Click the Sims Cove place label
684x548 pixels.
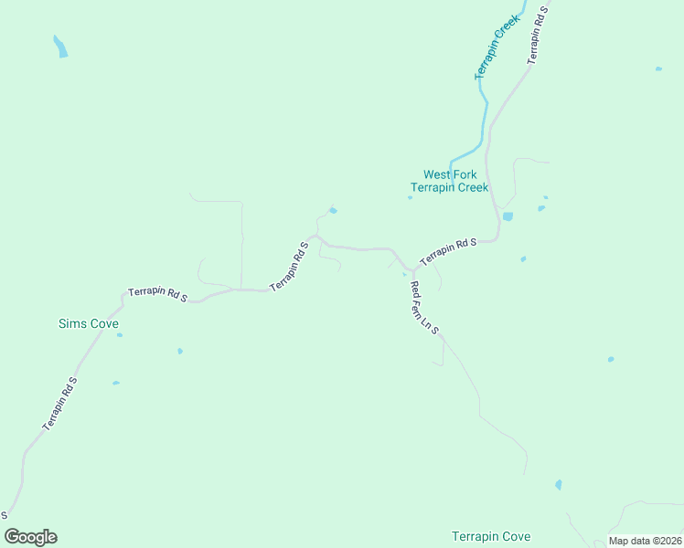(x=89, y=324)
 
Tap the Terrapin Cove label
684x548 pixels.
(x=491, y=536)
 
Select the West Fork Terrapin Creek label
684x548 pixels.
(x=449, y=181)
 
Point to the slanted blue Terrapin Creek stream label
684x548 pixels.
(x=497, y=47)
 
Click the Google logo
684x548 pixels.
(x=31, y=537)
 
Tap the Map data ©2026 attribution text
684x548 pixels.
(x=646, y=542)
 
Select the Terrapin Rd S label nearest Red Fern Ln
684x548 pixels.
(x=449, y=251)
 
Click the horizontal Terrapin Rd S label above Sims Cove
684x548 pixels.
(x=157, y=295)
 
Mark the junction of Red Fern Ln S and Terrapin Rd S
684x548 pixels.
(x=413, y=271)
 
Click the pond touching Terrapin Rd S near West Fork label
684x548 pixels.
(x=508, y=216)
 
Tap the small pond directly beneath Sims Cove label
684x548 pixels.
(x=120, y=335)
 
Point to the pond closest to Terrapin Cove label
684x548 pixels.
(x=558, y=485)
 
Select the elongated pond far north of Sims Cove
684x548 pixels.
(x=60, y=47)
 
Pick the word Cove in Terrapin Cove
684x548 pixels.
(x=515, y=536)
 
